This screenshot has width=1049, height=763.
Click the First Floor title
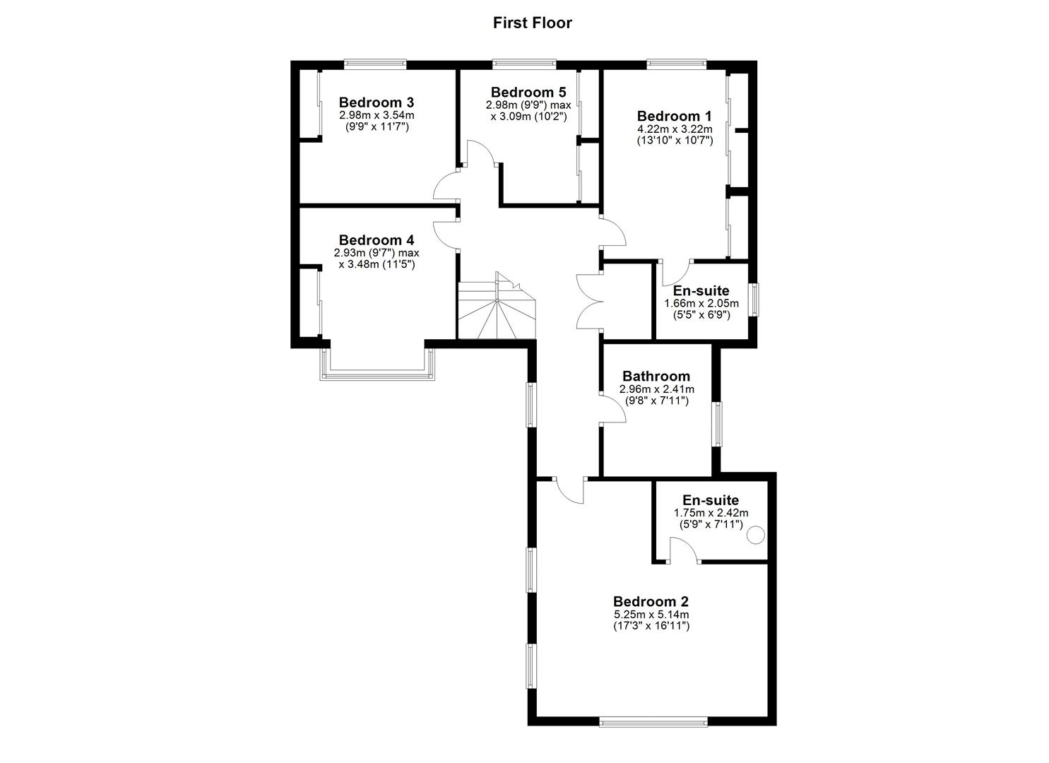(x=532, y=23)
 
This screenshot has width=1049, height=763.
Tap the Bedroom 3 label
(x=376, y=102)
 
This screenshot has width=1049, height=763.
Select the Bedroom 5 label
(x=528, y=92)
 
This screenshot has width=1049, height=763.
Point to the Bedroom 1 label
(x=674, y=116)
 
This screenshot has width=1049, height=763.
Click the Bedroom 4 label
(x=376, y=239)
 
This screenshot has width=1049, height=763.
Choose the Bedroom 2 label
(x=651, y=601)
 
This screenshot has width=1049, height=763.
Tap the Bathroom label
(x=656, y=376)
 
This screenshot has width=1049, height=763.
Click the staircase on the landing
(x=497, y=309)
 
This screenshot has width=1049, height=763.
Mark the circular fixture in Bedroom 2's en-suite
(x=756, y=536)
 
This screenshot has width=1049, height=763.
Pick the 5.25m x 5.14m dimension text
(x=651, y=615)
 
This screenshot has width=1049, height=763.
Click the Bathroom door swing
(x=612, y=409)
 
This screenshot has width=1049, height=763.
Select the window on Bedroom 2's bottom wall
(x=653, y=721)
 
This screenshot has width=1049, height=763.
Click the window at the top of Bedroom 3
(x=375, y=65)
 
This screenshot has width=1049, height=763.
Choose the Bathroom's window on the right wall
(x=717, y=424)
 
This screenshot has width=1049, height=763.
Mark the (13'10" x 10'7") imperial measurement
(x=674, y=141)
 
